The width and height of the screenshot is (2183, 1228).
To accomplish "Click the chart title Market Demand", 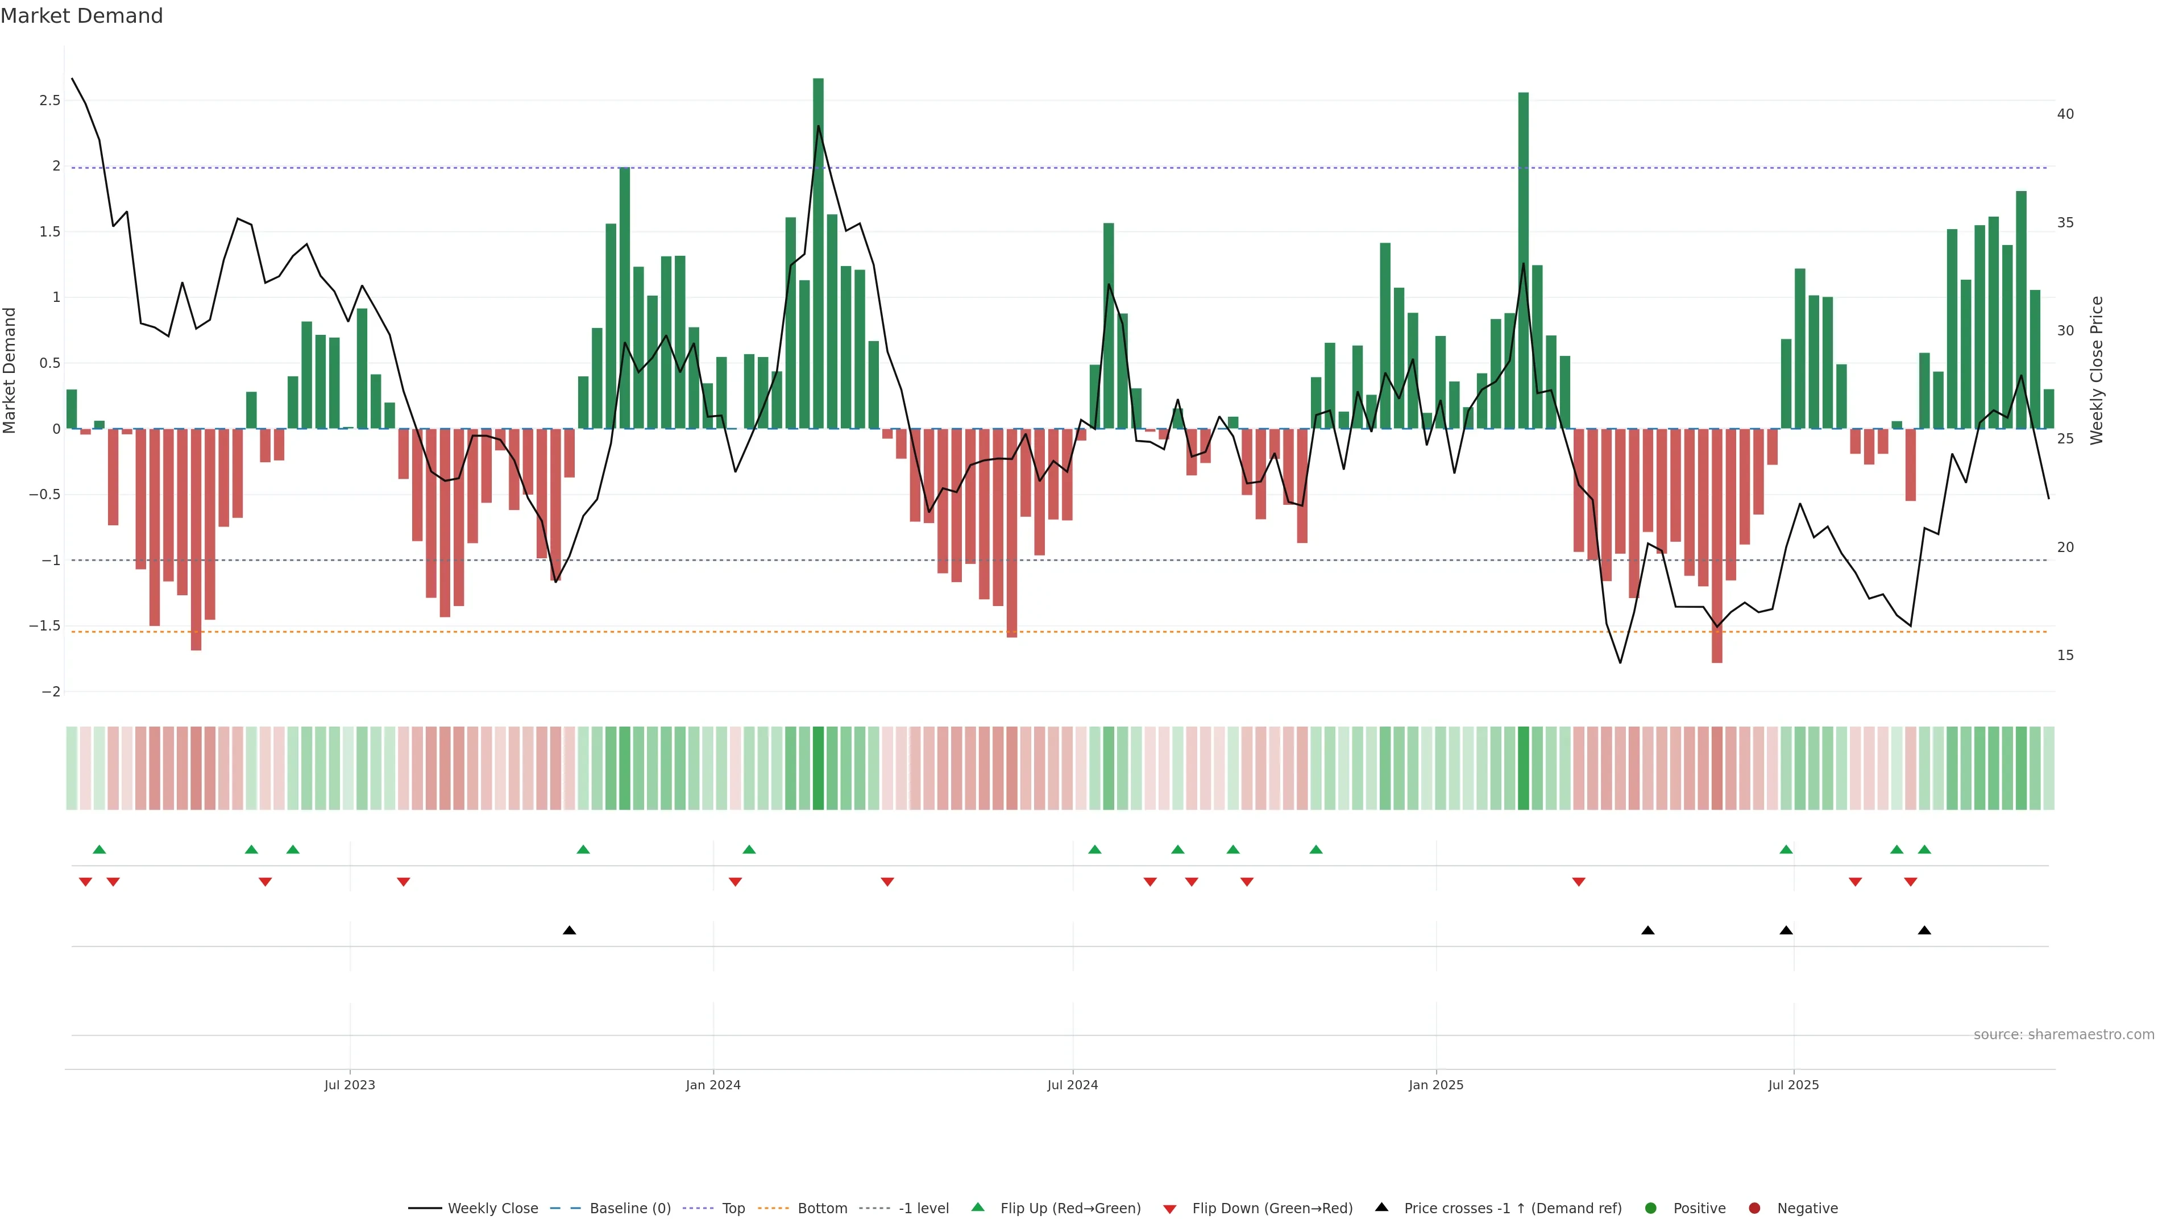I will (x=81, y=16).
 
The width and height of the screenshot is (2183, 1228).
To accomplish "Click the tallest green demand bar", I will (x=818, y=254).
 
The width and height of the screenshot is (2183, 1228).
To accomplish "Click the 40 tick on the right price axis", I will (x=2065, y=114).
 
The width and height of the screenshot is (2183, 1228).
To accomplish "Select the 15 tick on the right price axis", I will (x=2065, y=655).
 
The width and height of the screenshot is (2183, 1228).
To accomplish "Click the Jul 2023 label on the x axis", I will (x=349, y=1085).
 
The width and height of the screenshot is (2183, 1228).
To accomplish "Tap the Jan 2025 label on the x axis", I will (x=1435, y=1085).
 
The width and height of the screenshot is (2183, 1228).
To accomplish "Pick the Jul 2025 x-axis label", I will (x=1793, y=1085).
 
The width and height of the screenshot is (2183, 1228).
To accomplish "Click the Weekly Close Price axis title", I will (x=2097, y=370).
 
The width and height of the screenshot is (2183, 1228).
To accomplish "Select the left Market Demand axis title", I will (x=9, y=370).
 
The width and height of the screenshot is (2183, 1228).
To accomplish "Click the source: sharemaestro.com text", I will (x=2064, y=1035).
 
